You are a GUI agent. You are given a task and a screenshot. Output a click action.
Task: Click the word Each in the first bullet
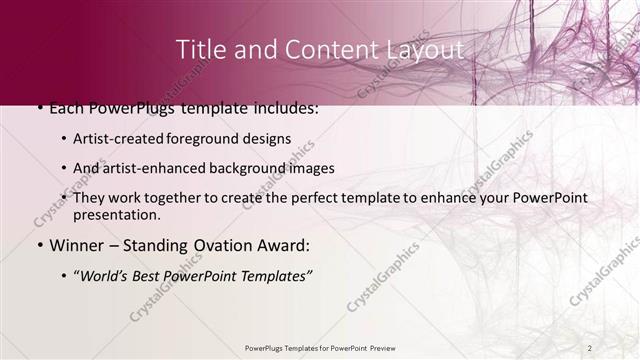coord(67,108)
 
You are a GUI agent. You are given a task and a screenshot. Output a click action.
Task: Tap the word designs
coord(270,139)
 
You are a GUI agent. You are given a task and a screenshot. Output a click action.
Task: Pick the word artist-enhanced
coord(153,168)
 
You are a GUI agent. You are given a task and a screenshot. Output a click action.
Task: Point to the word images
coord(311,168)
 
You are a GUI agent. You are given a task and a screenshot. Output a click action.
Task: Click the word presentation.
coord(116,214)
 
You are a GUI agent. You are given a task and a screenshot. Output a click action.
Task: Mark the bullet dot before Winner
coord(39,246)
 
